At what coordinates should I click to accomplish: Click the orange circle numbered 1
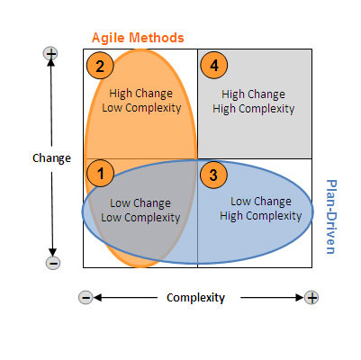100,173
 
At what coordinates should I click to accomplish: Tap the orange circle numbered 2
100,66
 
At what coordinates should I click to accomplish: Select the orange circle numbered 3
213,175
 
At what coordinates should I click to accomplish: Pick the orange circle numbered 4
214,65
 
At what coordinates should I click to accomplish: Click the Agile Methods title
138,38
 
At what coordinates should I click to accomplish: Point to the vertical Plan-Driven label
331,217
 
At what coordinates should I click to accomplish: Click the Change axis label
51,158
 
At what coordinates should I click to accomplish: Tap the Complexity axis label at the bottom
195,298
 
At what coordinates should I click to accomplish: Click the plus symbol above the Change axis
50,54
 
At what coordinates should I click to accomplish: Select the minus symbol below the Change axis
53,263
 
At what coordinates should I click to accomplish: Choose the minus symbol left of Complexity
86,298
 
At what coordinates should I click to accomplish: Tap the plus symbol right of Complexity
311,298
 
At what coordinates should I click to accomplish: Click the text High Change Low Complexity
141,101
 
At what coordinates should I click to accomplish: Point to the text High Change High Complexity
254,102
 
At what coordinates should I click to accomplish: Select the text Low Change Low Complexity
140,211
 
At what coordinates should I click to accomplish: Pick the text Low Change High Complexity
261,209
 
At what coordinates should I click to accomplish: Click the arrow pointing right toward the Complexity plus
272,298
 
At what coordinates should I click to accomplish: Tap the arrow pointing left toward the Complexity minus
125,298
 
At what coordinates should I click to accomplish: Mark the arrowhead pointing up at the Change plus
51,62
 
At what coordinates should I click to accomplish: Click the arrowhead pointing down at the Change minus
53,253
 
